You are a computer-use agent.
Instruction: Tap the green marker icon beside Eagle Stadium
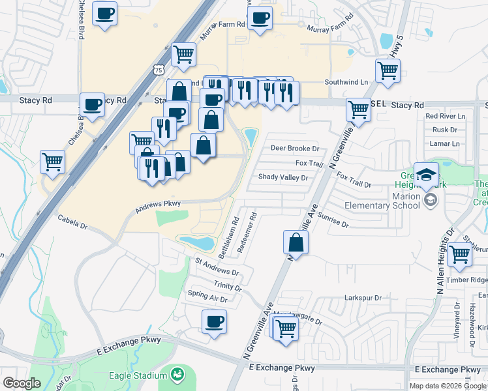pos(177,375)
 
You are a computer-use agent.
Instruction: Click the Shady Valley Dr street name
pos(282,177)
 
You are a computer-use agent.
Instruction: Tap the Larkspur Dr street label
pos(363,298)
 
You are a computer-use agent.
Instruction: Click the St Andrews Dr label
pos(217,267)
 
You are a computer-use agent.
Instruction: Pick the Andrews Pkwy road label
pos(157,207)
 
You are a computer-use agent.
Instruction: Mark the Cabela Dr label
pos(72,222)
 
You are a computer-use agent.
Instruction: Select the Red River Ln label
pos(445,116)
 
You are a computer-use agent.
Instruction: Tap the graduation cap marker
pos(427,175)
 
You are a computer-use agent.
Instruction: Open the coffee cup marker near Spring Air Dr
pos(214,321)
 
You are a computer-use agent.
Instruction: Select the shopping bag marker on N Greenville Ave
pos(296,243)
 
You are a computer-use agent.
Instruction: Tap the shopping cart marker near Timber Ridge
pos(460,253)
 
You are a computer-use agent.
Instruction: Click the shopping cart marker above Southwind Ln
pos(388,70)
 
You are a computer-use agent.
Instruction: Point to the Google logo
pos(22,383)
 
